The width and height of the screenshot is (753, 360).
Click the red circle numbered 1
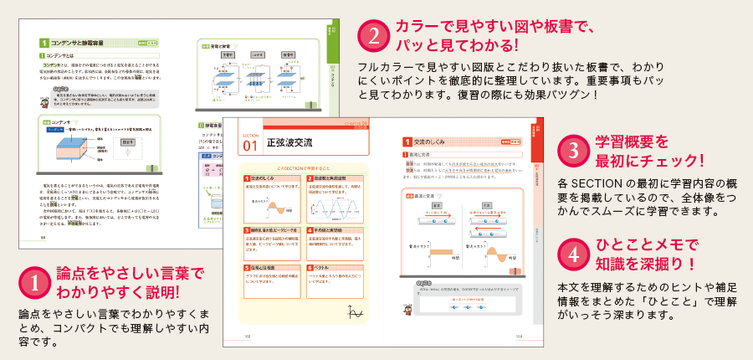(33, 282)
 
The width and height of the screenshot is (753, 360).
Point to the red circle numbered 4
(572, 253)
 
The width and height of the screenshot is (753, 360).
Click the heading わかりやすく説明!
(116, 293)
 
